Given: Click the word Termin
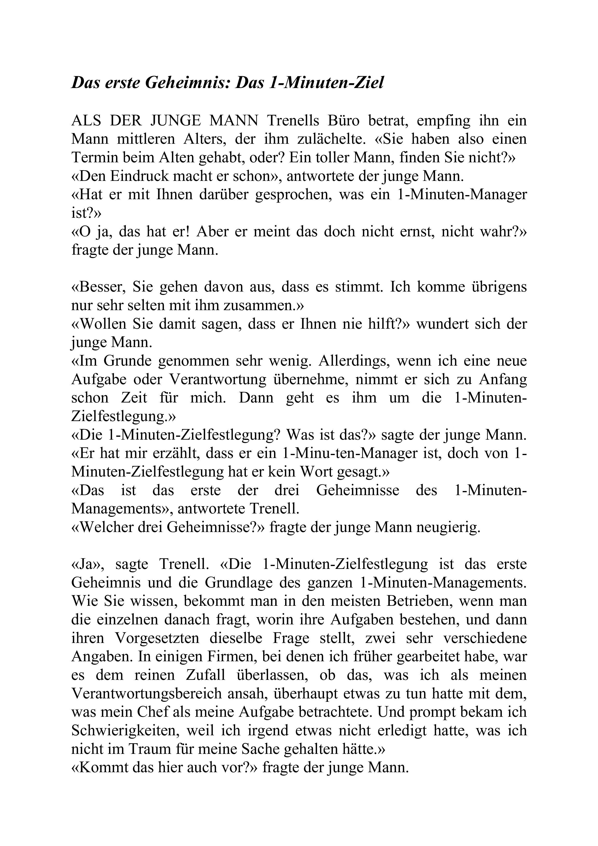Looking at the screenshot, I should pos(92,158).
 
